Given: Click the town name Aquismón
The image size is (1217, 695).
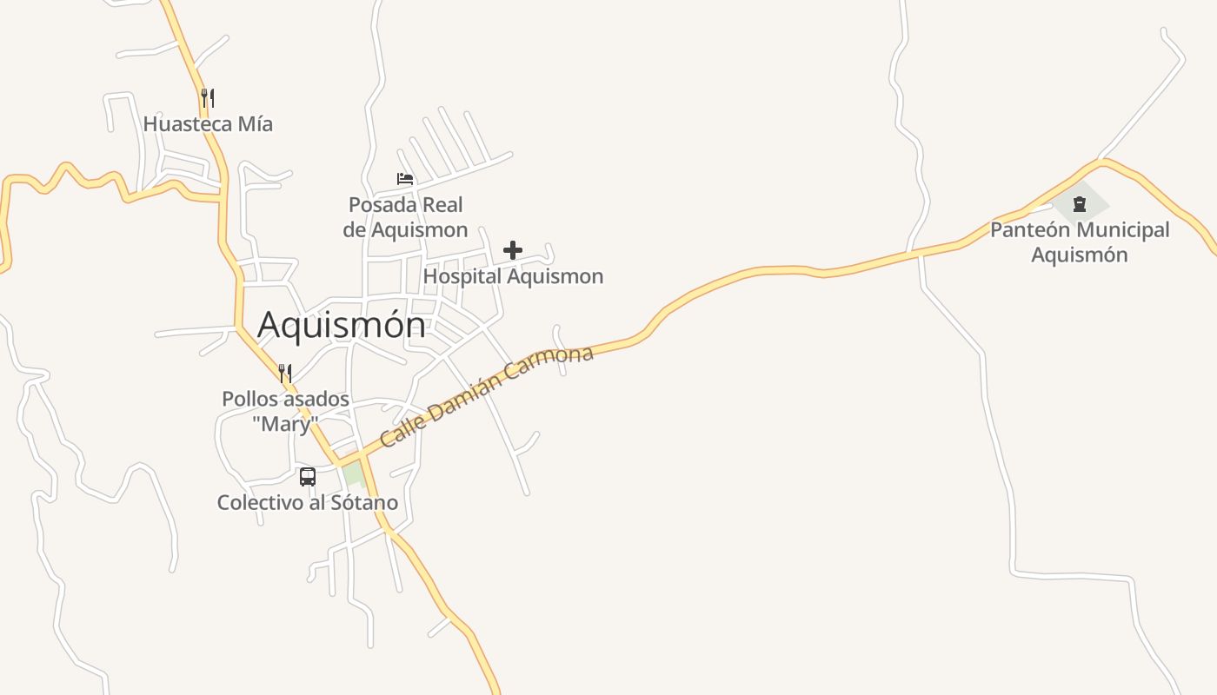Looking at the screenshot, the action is [x=342, y=325].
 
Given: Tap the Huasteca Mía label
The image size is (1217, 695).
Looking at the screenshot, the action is [x=208, y=124].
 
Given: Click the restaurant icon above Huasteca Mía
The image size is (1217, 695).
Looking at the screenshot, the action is [x=207, y=97].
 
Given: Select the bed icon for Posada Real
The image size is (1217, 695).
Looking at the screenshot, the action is [x=405, y=179].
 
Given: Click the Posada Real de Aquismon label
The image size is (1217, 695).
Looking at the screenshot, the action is [x=405, y=217].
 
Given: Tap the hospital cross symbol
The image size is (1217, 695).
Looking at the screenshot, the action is [x=513, y=250].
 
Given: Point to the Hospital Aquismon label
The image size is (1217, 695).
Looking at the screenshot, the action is [x=513, y=276].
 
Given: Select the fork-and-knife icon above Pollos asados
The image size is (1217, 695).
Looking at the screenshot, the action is [x=285, y=374].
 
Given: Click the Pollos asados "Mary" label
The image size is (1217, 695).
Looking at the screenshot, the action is [x=285, y=411].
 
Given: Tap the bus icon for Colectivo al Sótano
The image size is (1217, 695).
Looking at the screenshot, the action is [x=308, y=476].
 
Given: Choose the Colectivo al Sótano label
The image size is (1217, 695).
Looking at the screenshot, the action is [x=308, y=502].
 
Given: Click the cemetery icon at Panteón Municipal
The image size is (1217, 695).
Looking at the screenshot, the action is [x=1079, y=204].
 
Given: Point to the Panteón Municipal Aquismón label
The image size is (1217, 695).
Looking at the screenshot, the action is [x=1080, y=242].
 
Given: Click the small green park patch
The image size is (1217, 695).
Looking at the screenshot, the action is [x=353, y=475].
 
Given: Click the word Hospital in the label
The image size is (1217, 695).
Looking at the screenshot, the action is [x=462, y=276].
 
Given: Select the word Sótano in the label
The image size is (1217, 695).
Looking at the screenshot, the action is [x=364, y=502].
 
